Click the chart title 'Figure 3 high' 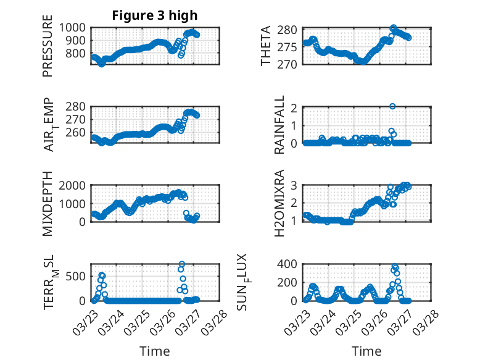pyautogui.click(x=155, y=15)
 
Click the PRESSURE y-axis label pyautogui.click(x=48, y=51)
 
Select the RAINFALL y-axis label pyautogui.click(x=279, y=125)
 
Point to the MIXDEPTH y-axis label pyautogui.click(x=48, y=204)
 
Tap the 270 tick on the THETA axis pyautogui.click(x=291, y=64)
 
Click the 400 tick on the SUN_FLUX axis pyautogui.click(x=291, y=264)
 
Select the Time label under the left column pyautogui.click(x=155, y=351)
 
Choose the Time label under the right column pyautogui.click(x=366, y=351)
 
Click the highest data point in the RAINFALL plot pyautogui.click(x=392, y=106)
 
